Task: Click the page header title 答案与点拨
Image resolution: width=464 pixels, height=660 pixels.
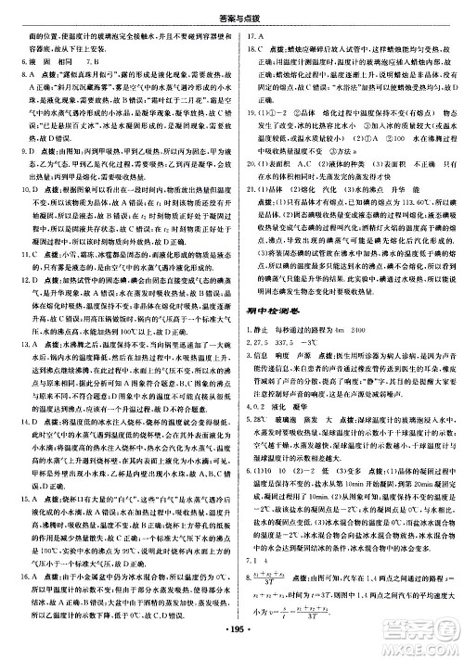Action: pos(231,10)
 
